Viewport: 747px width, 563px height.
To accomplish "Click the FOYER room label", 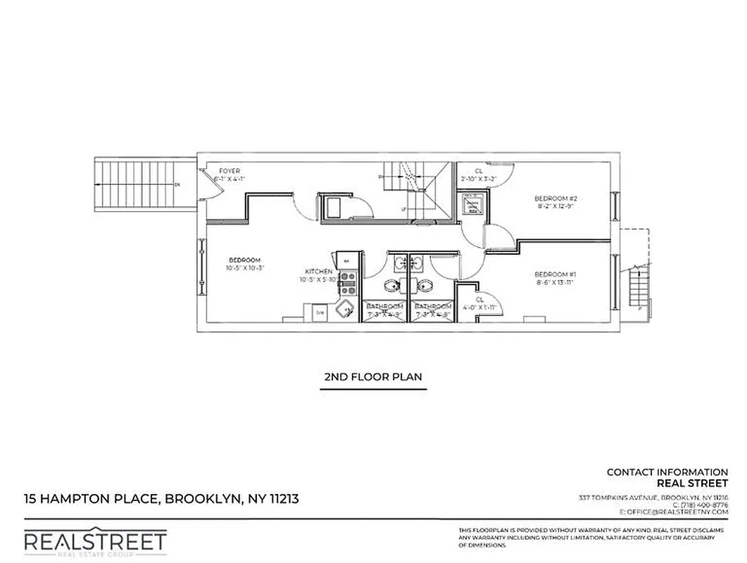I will pyautogui.click(x=230, y=171).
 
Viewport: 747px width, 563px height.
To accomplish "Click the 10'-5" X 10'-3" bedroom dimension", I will pyautogui.click(x=244, y=268).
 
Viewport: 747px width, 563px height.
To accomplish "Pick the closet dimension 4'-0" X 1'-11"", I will pyautogui.click(x=479, y=308).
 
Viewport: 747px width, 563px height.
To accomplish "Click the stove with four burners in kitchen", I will pyautogui.click(x=347, y=283).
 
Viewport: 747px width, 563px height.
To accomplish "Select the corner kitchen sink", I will pyautogui.click(x=344, y=310).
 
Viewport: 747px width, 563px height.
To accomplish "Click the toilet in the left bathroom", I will pyautogui.click(x=391, y=286).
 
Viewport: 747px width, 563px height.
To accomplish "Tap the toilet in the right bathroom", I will pyautogui.click(x=424, y=286).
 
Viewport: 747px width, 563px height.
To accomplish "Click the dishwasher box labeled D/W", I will pyautogui.click(x=319, y=312).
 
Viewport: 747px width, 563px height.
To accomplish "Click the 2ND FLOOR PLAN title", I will pyautogui.click(x=373, y=377).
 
